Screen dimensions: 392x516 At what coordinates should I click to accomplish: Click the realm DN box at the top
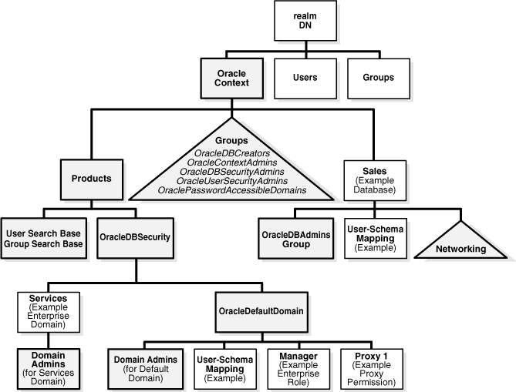(306, 21)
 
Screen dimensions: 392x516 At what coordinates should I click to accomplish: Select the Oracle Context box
(229, 77)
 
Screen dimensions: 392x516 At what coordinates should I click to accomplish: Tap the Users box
(306, 77)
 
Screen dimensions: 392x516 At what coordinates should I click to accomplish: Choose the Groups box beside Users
(378, 77)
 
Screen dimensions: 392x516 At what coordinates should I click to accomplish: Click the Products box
(91, 178)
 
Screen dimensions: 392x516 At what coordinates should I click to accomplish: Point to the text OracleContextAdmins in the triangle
(231, 162)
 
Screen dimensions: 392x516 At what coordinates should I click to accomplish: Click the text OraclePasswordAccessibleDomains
(231, 189)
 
